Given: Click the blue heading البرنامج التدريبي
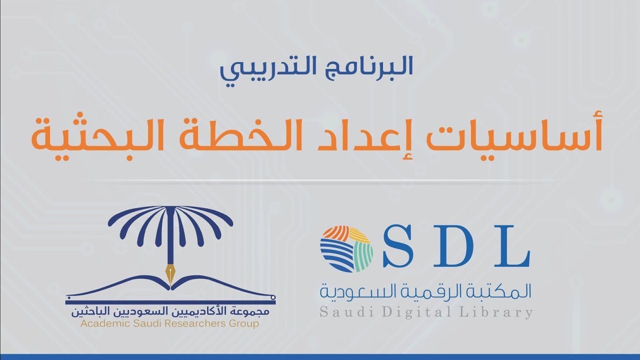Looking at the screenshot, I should [316, 68].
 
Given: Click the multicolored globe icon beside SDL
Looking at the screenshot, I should [346, 248].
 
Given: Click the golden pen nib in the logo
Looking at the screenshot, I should [171, 274].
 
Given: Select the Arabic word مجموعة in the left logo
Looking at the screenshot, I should [252, 312].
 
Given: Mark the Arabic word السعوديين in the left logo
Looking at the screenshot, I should [142, 312].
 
